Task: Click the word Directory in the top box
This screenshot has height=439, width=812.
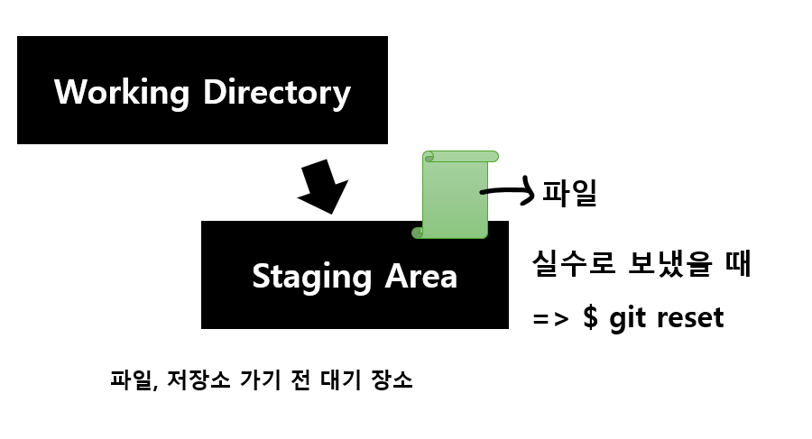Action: (x=276, y=92)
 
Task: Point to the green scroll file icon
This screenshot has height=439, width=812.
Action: (x=456, y=198)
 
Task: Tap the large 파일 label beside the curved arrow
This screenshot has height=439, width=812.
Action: (x=569, y=192)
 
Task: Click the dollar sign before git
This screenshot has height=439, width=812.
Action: (x=591, y=317)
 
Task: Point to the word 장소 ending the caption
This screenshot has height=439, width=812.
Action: (x=392, y=380)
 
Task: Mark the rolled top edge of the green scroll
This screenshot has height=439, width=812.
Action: (x=460, y=157)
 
